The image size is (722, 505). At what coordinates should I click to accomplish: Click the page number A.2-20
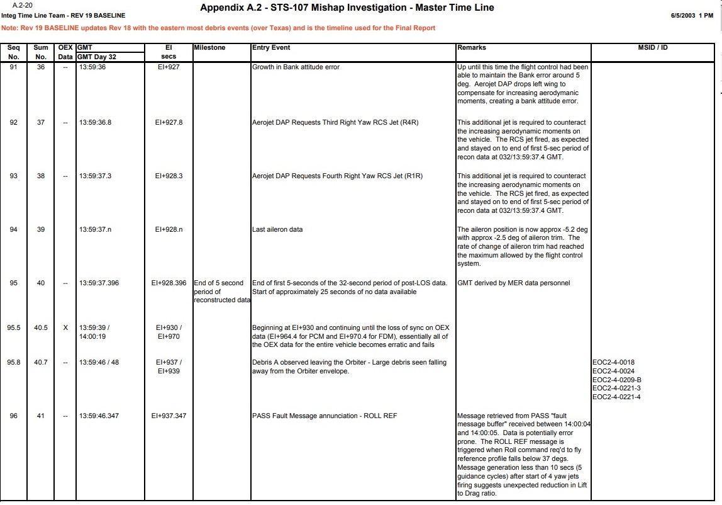click(22, 5)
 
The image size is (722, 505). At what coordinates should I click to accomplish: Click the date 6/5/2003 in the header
click(684, 16)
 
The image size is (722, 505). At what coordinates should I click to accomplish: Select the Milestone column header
click(209, 47)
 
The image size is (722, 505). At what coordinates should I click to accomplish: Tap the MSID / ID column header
click(653, 47)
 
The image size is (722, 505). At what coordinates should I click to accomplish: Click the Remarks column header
click(472, 47)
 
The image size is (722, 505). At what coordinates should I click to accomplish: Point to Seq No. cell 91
click(13, 67)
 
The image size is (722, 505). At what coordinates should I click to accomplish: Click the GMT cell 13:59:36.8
click(95, 122)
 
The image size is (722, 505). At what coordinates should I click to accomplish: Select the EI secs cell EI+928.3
click(169, 176)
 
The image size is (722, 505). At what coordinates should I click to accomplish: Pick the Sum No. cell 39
click(41, 229)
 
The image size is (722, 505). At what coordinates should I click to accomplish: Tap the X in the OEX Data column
click(65, 327)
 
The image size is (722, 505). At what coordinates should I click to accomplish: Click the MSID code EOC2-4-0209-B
click(617, 380)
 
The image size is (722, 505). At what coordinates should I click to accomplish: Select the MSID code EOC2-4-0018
click(613, 362)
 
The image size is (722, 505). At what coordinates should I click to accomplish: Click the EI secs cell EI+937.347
click(169, 416)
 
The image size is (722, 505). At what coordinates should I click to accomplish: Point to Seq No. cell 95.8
click(13, 362)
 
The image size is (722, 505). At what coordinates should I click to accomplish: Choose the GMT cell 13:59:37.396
click(99, 283)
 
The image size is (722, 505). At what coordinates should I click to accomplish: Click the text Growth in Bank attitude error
click(296, 67)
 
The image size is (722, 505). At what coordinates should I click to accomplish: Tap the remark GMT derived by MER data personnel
click(514, 283)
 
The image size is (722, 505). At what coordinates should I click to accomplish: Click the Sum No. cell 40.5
click(41, 327)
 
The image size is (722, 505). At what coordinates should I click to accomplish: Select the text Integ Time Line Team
click(31, 16)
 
